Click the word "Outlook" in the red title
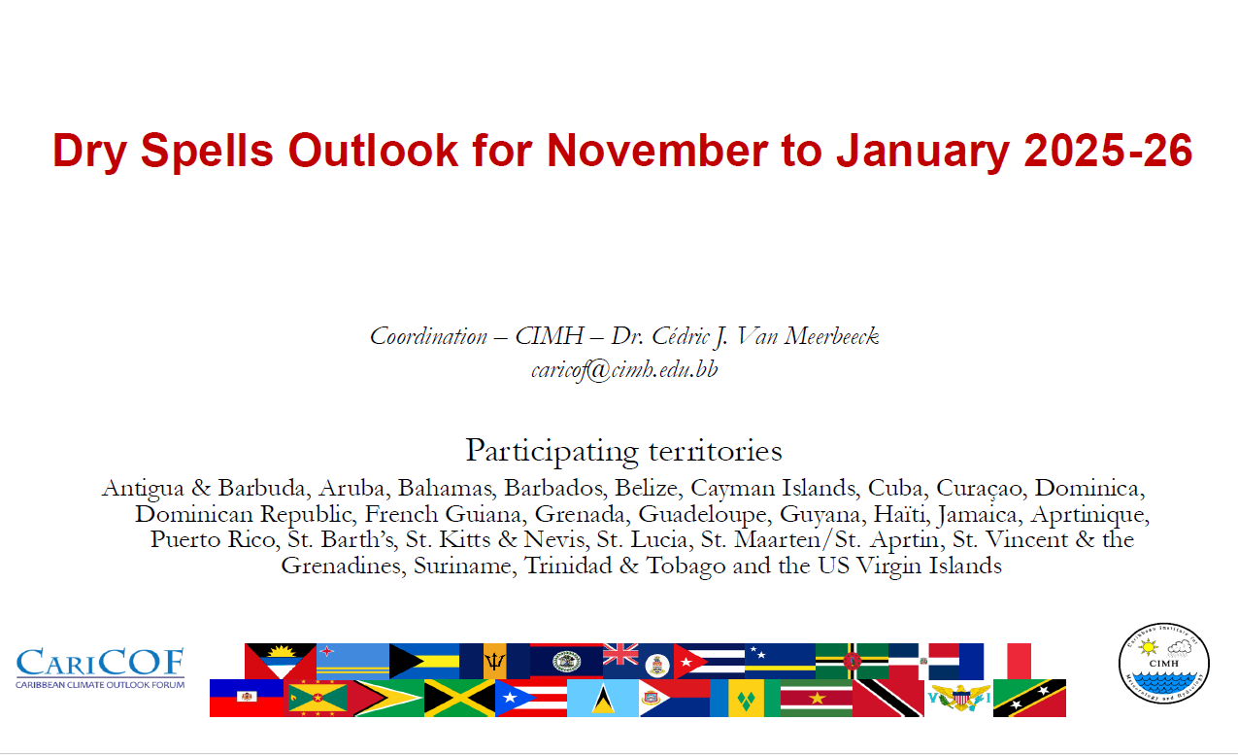(373, 151)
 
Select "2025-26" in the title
(1108, 151)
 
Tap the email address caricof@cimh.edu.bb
(624, 369)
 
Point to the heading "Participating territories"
(623, 451)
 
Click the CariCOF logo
(100, 669)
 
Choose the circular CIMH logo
(1164, 663)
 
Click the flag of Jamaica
(459, 698)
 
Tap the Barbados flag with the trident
(494, 661)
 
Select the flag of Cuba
(709, 661)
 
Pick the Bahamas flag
(424, 661)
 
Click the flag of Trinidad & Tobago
(887, 698)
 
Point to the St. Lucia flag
(603, 698)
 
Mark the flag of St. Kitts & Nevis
(1029, 698)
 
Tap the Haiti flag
(247, 698)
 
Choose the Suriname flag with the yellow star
(817, 698)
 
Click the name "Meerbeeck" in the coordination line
(831, 336)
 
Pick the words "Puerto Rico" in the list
(214, 540)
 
